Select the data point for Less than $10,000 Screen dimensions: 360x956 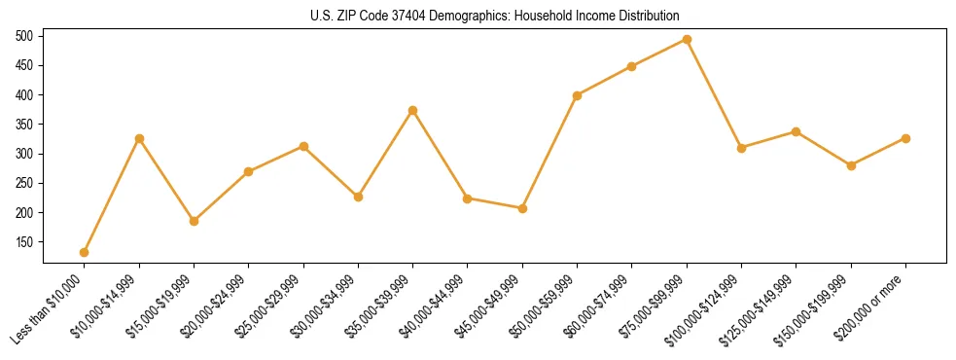pyautogui.click(x=85, y=252)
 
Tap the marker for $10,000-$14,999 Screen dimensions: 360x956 pyautogui.click(x=139, y=138)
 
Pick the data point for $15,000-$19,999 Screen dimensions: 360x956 pyautogui.click(x=194, y=221)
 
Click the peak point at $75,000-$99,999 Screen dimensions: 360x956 pyautogui.click(x=687, y=40)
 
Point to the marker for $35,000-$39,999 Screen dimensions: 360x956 pyautogui.click(x=412, y=110)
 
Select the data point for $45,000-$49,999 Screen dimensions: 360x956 pyautogui.click(x=522, y=208)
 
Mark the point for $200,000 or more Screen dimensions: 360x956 pyautogui.click(x=905, y=138)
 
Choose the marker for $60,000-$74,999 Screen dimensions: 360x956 pyautogui.click(x=632, y=66)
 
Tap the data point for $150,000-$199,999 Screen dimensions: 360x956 pyautogui.click(x=851, y=165)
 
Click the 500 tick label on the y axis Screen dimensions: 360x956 pyautogui.click(x=24, y=36)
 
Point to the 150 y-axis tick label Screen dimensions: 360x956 pyautogui.click(x=24, y=242)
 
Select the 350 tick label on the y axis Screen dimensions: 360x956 pyautogui.click(x=24, y=125)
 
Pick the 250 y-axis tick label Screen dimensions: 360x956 pyautogui.click(x=24, y=183)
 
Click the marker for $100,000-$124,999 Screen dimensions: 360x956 pyautogui.click(x=741, y=148)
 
